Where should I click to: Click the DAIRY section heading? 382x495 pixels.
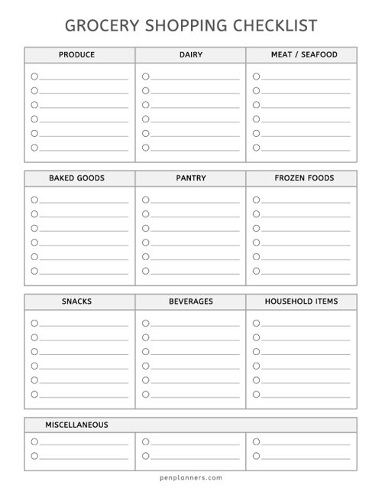coord(191,55)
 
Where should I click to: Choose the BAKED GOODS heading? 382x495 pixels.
coord(76,178)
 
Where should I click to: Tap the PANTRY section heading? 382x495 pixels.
coord(191,178)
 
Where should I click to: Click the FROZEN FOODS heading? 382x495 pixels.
coord(304,178)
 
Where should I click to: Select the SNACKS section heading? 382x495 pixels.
coord(76,301)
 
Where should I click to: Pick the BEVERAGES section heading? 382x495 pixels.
coord(191,301)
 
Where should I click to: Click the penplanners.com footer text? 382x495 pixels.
coord(191,476)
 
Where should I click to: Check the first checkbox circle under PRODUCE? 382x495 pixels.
coord(34,77)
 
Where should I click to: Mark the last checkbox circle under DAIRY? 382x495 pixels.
coord(145,148)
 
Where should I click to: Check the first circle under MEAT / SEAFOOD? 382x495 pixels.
coord(257,77)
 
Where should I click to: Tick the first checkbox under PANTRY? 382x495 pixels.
coord(145,200)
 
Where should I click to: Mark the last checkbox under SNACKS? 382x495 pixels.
coord(34,394)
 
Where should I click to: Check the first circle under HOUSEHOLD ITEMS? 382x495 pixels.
coord(257,323)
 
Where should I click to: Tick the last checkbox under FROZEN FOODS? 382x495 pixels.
coord(257,271)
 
